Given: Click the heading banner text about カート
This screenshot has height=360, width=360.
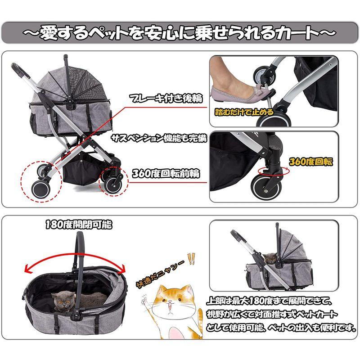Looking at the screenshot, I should (180, 33).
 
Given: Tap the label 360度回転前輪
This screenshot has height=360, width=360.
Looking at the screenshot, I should (165, 174).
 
